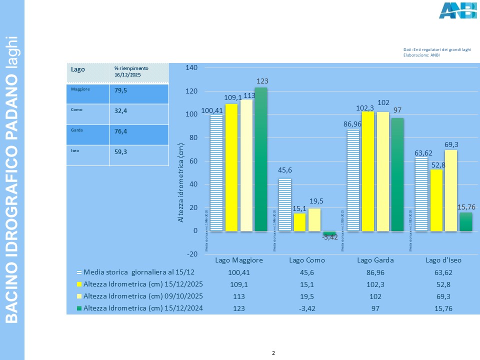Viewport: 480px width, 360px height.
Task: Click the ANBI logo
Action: click(x=457, y=10)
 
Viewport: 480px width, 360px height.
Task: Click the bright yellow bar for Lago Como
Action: click(x=299, y=222)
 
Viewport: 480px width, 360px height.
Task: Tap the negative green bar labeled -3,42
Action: click(x=329, y=233)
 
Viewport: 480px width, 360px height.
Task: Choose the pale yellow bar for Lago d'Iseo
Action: click(x=450, y=190)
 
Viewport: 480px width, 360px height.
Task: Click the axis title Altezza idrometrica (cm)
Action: click(x=181, y=182)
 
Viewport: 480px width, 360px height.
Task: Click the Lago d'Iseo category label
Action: click(x=443, y=260)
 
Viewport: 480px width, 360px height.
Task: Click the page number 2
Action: click(x=273, y=353)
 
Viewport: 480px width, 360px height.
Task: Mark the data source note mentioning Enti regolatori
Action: click(x=437, y=50)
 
